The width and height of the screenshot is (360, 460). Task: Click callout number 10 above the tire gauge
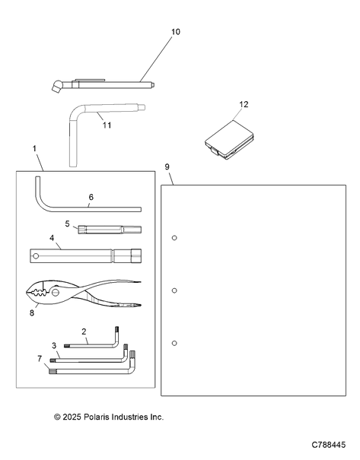pos(176,32)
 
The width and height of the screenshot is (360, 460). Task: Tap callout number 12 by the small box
pos(244,104)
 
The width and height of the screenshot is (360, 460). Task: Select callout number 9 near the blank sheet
pos(167,167)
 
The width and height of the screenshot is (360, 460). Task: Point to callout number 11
pos(107,125)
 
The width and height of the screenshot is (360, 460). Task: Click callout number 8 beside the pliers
pos(32,313)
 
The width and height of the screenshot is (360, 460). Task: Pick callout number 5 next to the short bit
pos(68,224)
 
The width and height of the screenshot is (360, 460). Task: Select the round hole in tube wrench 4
pos(36,256)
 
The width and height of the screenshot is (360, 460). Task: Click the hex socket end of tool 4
pos(136,255)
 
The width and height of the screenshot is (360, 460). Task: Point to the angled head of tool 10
pos(56,86)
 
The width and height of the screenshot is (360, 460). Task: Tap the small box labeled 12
pos(229,140)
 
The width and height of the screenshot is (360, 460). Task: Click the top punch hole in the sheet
pos(174,238)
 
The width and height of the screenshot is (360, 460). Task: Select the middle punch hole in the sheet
pos(174,290)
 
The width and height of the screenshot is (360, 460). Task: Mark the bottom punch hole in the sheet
pos(174,343)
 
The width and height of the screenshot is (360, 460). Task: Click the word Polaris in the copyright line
pos(94,417)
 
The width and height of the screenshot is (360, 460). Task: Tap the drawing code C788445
pos(329,445)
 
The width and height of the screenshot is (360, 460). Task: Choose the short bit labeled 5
pos(110,230)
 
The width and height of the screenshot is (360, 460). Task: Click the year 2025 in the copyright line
pos(72,417)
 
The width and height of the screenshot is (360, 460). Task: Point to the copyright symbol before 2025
pos(57,417)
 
